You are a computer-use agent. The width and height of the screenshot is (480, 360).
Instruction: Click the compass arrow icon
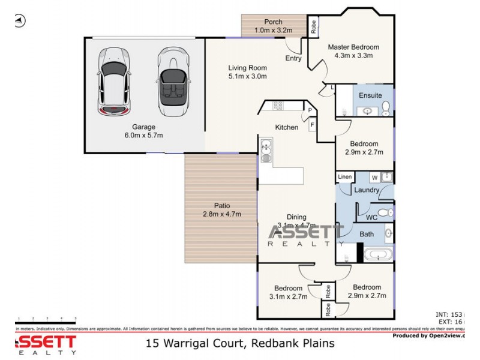19,21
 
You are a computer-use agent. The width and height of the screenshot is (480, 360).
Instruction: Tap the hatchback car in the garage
113,80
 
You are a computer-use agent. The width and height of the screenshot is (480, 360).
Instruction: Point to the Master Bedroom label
353,47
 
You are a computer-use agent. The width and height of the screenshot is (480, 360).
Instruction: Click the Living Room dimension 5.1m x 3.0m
247,76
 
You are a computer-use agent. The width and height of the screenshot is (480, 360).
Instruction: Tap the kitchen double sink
266,151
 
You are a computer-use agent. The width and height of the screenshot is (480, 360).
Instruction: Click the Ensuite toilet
386,107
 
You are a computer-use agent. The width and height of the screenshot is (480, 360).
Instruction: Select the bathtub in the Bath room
379,254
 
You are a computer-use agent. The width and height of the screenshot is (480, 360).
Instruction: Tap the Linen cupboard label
344,177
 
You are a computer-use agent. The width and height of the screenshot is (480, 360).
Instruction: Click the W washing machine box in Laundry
374,177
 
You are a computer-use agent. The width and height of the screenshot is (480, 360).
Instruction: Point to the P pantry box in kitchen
310,110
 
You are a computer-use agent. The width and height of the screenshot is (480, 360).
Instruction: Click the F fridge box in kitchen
313,125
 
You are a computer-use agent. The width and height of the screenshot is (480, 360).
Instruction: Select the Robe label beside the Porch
313,26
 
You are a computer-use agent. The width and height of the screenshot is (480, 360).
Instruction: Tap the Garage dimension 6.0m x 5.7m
144,135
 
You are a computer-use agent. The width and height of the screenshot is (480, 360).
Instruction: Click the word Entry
293,58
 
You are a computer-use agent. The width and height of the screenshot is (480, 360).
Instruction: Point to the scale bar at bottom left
47,319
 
